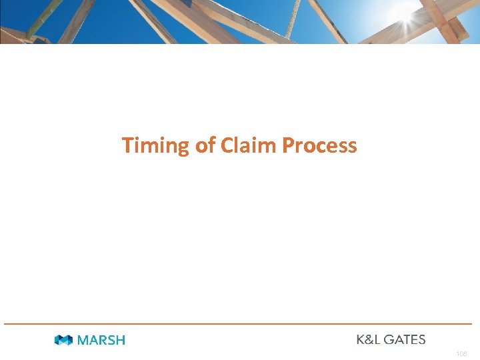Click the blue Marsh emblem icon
click(64, 340)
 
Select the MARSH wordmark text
click(101, 340)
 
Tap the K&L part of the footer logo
click(368, 339)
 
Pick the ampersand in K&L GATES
click(368, 339)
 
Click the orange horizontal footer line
click(240, 324)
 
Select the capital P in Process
click(288, 145)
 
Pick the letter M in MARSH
click(83, 340)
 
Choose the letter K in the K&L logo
click(360, 339)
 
